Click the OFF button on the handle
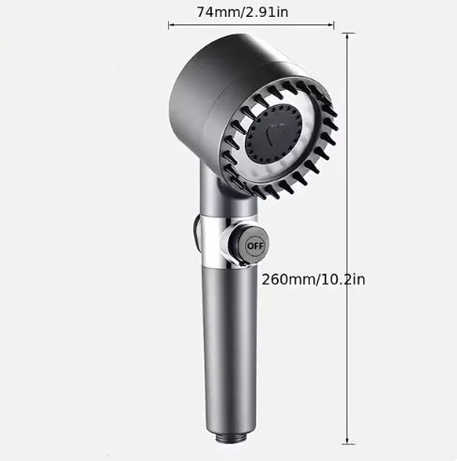coord(255,246)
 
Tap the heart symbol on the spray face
coord(276,133)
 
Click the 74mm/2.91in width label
coord(243,12)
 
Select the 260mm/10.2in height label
coord(313,279)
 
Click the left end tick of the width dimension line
coord(169,25)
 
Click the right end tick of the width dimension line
coord(334,25)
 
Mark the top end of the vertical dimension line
coord(347,33)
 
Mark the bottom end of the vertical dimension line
coord(347,443)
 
